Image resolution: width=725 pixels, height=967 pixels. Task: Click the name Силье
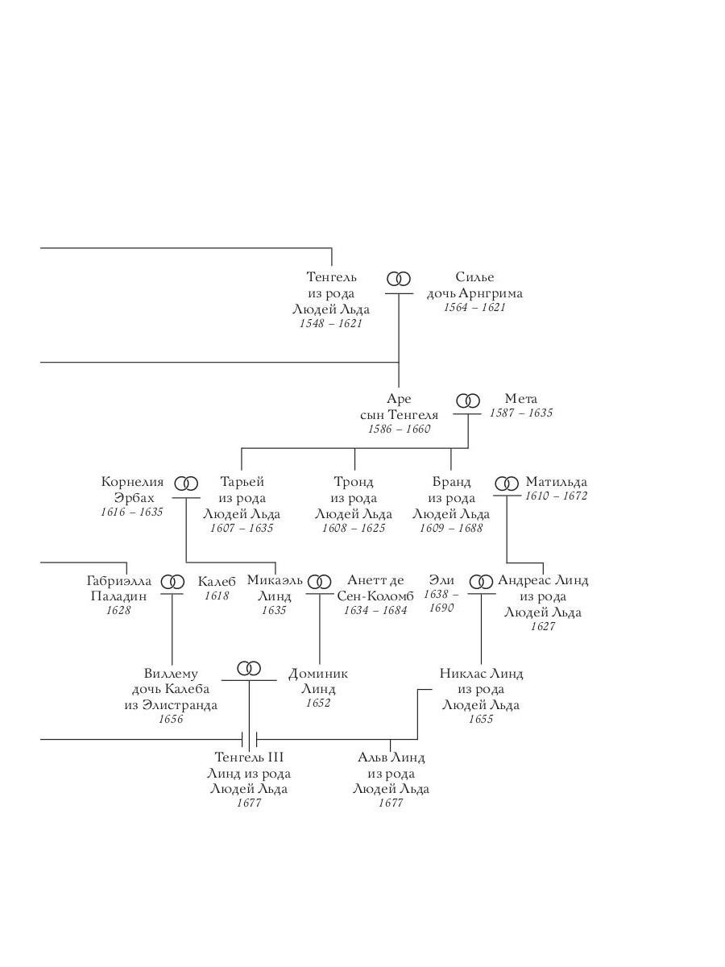tap(474, 276)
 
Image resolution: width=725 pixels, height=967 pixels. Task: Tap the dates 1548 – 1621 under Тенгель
tap(330, 323)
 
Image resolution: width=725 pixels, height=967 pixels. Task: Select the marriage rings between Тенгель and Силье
tap(399, 279)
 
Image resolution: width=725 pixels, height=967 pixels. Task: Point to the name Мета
tap(520, 399)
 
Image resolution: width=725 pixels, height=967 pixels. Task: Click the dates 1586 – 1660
tap(400, 429)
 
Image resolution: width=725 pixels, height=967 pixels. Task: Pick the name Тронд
tap(354, 482)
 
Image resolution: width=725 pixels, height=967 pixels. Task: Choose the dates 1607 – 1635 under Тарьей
tap(242, 528)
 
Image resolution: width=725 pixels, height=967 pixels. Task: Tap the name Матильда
tap(557, 482)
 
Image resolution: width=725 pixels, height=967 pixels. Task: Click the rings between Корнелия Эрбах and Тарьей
tap(186, 483)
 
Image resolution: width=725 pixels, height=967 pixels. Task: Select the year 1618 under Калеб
tap(217, 596)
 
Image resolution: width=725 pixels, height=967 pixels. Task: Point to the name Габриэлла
tap(119, 581)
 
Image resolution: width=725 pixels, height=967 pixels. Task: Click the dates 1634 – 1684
tap(375, 610)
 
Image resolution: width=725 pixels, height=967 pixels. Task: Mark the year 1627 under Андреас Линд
tap(543, 626)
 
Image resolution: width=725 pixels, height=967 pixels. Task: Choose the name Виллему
tap(171, 673)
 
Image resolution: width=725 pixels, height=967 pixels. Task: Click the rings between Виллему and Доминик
tap(249, 668)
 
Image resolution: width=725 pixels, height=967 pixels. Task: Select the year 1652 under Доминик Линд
tap(318, 703)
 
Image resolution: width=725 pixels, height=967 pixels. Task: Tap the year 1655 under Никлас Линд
tap(481, 719)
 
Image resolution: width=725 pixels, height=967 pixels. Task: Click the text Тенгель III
tap(249, 757)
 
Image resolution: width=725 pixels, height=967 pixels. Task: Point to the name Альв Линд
tap(391, 757)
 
